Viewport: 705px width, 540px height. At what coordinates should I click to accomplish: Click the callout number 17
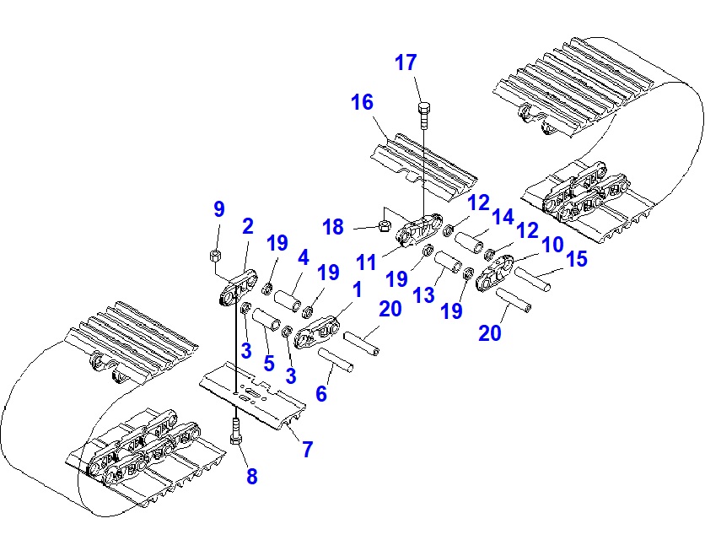pos(406,62)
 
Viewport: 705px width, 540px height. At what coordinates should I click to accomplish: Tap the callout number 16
pos(362,104)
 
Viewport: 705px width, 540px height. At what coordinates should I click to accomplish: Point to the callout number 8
pos(251,477)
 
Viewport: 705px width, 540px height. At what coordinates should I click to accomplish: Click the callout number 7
pos(308,449)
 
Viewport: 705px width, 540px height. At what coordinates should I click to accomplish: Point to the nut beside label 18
pos(382,226)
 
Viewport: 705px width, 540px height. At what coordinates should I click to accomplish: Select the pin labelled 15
pos(533,279)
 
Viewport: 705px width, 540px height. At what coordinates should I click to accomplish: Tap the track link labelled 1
pos(317,332)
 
